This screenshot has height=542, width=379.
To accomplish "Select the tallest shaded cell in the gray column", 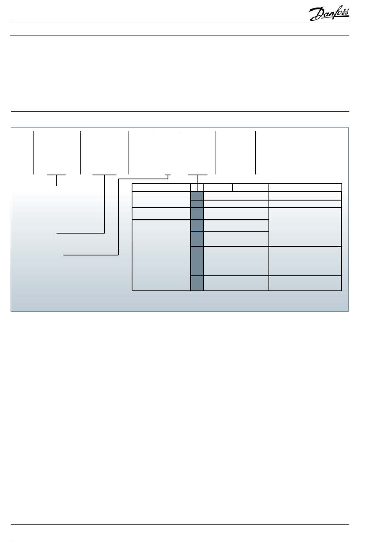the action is click(x=197, y=261).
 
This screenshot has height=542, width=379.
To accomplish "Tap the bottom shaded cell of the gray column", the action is click(x=197, y=283).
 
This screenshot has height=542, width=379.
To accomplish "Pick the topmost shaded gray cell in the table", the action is click(x=197, y=195).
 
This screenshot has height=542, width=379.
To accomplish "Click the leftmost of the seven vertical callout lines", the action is click(x=33, y=152).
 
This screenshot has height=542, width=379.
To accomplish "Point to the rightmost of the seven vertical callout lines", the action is click(x=255, y=152).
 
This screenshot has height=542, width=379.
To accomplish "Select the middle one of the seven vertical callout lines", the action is click(x=155, y=152).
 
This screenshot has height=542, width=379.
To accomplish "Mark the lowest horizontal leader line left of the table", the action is click(x=91, y=254).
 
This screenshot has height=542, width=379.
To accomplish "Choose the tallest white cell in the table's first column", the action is click(x=161, y=255).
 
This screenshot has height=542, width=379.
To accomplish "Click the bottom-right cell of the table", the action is click(x=305, y=283).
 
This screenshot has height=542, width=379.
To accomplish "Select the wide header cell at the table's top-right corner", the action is click(x=305, y=187).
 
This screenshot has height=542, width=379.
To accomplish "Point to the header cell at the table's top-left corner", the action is click(x=161, y=187).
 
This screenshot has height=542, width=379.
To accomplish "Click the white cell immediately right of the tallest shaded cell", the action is click(x=236, y=261).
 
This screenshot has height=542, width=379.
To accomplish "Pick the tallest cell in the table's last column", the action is click(x=305, y=227).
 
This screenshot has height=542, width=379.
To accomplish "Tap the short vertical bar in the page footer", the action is click(x=12, y=534).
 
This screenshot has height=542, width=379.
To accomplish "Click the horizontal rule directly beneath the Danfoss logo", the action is click(x=180, y=22).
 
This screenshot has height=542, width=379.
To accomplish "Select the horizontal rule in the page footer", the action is click(x=180, y=525).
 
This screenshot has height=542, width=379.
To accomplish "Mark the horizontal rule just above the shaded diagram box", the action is click(x=180, y=111).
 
